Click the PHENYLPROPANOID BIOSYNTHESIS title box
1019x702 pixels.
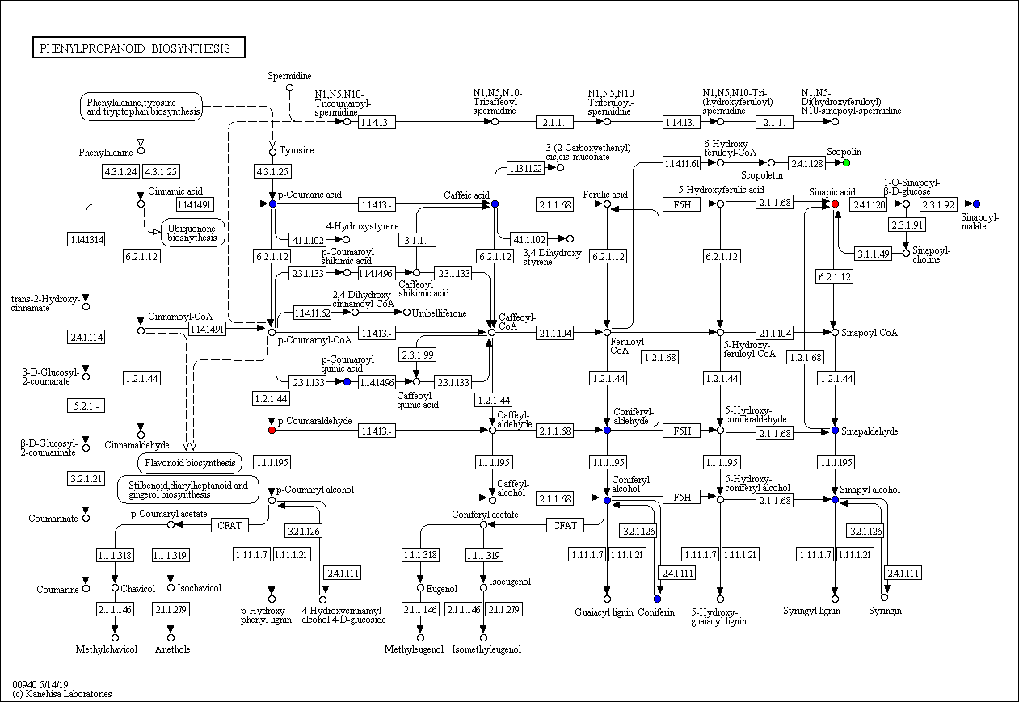tap(139, 48)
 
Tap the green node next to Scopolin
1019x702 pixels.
tap(846, 162)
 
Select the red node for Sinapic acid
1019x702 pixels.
tap(835, 204)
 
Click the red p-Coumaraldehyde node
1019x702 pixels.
tap(272, 430)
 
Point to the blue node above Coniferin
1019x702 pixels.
tap(657, 599)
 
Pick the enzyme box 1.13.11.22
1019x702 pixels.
tap(525, 168)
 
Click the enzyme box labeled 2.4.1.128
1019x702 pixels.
tap(806, 163)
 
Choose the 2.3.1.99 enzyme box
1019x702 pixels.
tap(417, 355)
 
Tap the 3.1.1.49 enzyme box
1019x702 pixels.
tap(873, 254)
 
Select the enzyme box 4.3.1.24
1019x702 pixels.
tap(120, 171)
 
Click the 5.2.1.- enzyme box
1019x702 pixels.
tap(86, 406)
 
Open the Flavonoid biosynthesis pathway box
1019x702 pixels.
tap(190, 463)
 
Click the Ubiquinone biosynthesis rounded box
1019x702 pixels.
tap(192, 233)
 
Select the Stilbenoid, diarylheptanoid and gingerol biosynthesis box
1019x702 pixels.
tap(187, 490)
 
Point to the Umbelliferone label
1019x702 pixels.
tap(439, 313)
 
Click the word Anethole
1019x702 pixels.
tap(172, 649)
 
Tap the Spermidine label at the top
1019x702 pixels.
tap(289, 76)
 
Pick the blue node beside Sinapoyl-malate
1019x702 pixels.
tap(976, 204)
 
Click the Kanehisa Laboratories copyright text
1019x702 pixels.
tap(62, 694)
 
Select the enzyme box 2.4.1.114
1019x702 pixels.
tap(86, 337)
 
